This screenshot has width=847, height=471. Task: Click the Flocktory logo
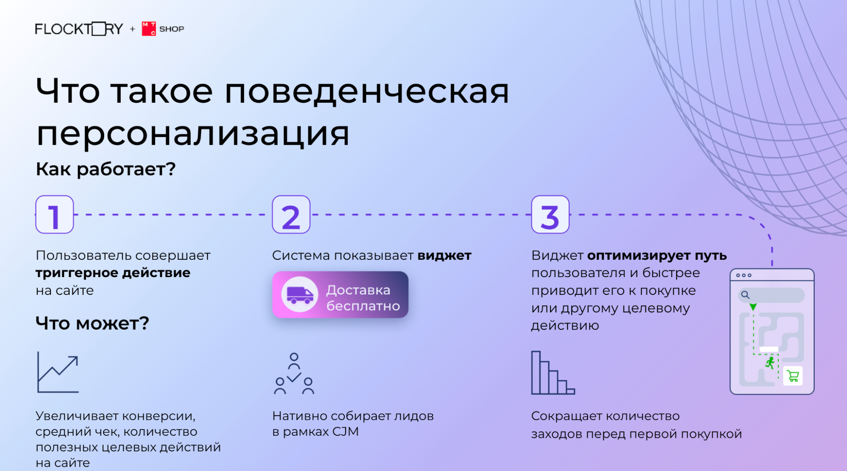coord(79,29)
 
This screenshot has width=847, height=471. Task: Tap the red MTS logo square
coord(149,29)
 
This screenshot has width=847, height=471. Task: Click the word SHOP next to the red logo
coord(172,29)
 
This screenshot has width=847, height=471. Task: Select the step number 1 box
coord(55,214)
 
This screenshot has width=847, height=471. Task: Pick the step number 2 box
coord(291,214)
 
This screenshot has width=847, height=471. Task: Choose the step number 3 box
coord(550,214)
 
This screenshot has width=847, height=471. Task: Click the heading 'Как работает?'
coord(106,169)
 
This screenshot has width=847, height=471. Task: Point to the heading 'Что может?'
coord(92,323)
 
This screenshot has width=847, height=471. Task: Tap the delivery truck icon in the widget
coord(300,294)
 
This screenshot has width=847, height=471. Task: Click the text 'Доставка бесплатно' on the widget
coord(363,298)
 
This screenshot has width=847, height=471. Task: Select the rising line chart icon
coord(58,372)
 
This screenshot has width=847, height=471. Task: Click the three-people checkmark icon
coord(294,373)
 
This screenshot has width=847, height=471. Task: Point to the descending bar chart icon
coord(553,373)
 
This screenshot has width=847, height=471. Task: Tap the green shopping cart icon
coord(793,376)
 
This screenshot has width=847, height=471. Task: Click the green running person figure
coord(770,363)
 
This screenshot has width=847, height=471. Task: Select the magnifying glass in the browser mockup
coord(745,295)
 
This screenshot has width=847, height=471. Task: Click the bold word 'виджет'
coord(444,255)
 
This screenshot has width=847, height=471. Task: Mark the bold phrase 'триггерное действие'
coord(113,273)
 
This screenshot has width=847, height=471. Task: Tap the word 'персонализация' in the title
coord(193,134)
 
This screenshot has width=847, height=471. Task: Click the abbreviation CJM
coord(345,432)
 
